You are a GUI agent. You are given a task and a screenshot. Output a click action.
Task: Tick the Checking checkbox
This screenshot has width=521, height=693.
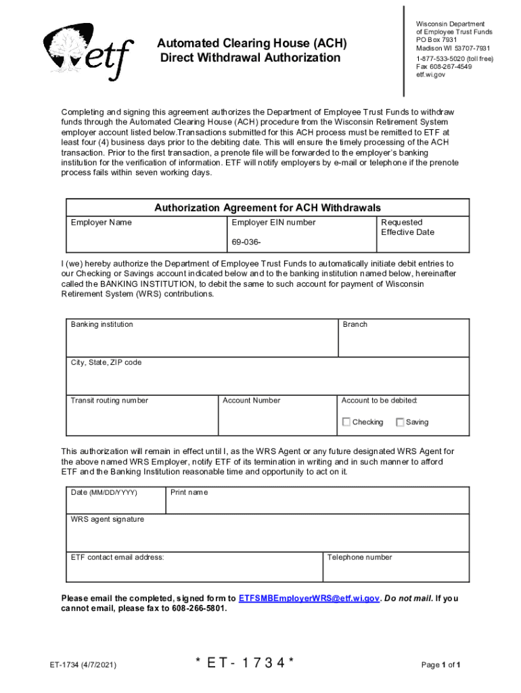click(x=346, y=422)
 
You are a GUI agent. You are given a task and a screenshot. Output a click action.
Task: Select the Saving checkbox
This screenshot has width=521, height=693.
click(x=400, y=422)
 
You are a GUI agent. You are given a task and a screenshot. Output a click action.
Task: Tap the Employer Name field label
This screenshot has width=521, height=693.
click(x=101, y=223)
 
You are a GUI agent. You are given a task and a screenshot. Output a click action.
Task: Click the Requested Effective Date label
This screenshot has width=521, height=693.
click(x=407, y=227)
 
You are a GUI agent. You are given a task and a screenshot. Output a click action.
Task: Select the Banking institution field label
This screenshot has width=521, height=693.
click(x=102, y=325)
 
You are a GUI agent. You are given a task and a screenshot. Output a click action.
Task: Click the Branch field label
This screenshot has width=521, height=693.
click(x=355, y=325)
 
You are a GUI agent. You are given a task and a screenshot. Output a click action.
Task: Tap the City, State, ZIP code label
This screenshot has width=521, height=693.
click(x=106, y=363)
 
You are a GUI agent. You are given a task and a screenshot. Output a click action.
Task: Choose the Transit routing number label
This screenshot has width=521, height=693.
click(x=110, y=401)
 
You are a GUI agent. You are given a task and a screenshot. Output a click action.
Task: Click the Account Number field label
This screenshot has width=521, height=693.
click(x=251, y=401)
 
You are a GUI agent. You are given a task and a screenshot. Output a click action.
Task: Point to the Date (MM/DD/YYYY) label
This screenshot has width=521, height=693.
click(x=104, y=493)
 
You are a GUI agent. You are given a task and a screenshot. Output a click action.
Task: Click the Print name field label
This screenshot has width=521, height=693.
click(x=189, y=493)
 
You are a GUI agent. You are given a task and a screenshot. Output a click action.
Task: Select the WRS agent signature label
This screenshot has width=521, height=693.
click(x=108, y=520)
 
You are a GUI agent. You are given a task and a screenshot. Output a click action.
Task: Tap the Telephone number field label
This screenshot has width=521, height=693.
click(x=359, y=558)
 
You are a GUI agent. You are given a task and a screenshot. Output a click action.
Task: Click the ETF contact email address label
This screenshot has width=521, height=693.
click(x=117, y=558)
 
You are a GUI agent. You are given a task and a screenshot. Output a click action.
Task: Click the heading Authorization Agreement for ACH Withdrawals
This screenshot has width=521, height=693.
click(x=268, y=208)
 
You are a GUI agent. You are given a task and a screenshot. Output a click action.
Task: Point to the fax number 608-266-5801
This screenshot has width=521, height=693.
click(x=196, y=608)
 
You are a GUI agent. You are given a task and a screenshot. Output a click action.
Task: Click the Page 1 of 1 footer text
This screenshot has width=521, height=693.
click(x=441, y=665)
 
